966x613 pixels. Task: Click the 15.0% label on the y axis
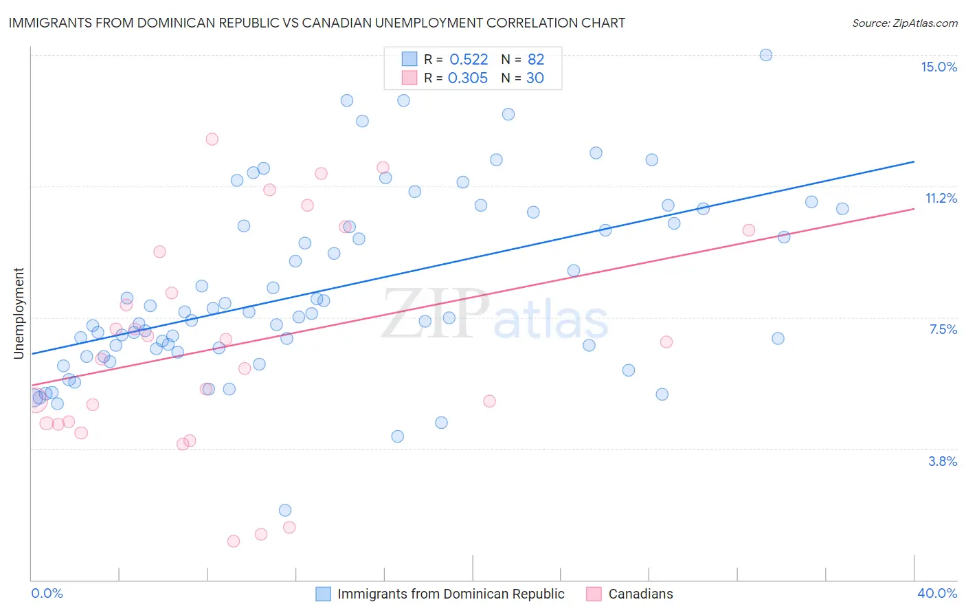coord(939,67)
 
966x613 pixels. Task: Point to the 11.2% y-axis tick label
coord(941,198)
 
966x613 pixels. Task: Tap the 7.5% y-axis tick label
coord(943,329)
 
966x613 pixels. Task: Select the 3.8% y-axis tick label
coord(943,461)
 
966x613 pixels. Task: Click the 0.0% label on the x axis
coord(47,593)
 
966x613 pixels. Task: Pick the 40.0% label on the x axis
coord(936,593)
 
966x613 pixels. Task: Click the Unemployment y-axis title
coord(19,313)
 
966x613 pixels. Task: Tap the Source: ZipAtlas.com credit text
coord(904,23)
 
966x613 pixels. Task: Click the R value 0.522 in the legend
coord(469,59)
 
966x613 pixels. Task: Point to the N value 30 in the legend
coord(535,78)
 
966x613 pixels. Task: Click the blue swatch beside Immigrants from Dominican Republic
coord(323,594)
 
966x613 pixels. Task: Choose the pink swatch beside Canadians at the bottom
coord(594,594)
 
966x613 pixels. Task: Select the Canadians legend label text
coord(640,594)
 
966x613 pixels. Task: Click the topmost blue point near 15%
coord(766,55)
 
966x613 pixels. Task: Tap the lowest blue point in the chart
coord(285,510)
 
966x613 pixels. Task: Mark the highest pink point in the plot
coord(212,139)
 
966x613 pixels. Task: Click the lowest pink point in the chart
coord(234,541)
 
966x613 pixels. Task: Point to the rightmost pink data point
coord(749,230)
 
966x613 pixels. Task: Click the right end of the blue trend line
coord(914,161)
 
